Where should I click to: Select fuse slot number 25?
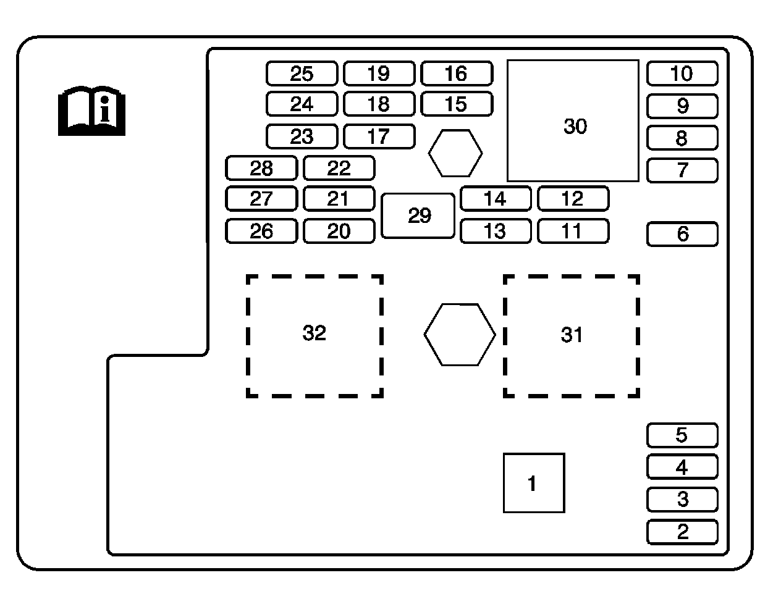coord(302,73)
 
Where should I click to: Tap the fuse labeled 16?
coord(457,73)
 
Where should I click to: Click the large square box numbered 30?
coord(573,121)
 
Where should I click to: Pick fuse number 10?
coord(682,73)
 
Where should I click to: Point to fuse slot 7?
coord(682,170)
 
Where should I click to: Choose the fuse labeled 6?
coord(682,234)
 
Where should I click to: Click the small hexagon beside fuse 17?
coord(455,153)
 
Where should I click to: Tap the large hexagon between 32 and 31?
coord(459,335)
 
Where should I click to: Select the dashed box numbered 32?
coord(315,335)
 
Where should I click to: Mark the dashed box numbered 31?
coord(572,335)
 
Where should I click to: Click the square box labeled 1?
coord(534,483)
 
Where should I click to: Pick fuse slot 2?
coord(682,532)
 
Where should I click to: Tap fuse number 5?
coord(682,435)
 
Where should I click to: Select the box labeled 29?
coord(418,216)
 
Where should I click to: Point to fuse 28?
coord(261,168)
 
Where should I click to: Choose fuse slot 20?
coord(339,232)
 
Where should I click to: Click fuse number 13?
coord(496,232)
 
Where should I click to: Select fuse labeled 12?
coord(573,199)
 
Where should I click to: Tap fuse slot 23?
coord(302,136)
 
